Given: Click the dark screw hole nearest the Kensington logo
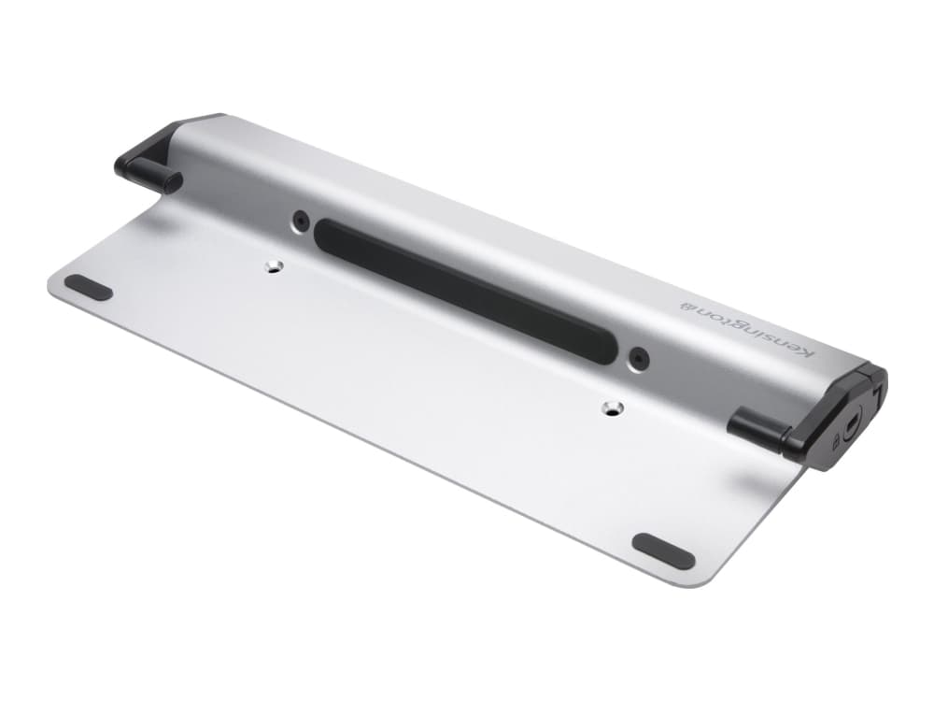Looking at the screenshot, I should point(638,357).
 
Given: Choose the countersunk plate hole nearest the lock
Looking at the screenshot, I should point(612,408).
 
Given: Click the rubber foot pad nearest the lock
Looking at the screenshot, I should point(663,551).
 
